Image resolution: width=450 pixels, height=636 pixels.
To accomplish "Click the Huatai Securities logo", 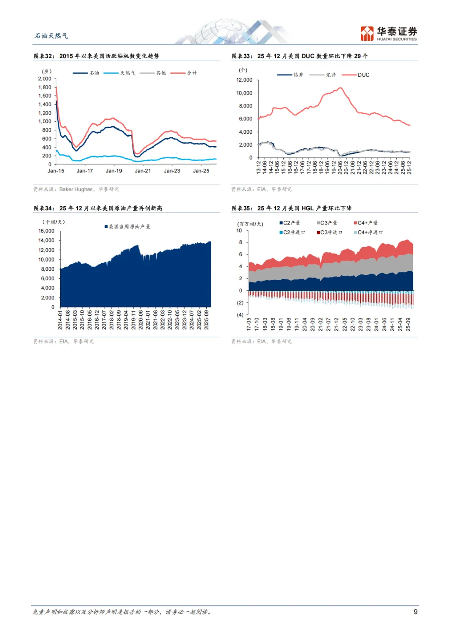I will click(x=388, y=33).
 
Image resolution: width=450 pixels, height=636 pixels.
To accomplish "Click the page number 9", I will click(x=415, y=611).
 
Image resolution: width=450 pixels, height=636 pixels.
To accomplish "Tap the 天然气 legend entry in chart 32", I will click(x=120, y=73).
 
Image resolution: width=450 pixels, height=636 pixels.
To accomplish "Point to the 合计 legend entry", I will click(x=184, y=73).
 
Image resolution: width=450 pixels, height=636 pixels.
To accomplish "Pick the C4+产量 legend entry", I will click(x=366, y=223).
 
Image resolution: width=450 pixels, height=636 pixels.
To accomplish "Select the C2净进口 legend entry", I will click(x=292, y=232).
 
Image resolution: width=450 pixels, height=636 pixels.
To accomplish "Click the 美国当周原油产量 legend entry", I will click(x=127, y=227).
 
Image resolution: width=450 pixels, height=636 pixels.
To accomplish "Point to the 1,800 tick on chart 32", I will click(x=45, y=87).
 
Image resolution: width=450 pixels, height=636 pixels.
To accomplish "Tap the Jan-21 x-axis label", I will click(x=142, y=171).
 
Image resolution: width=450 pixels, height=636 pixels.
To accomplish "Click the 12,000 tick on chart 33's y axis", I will click(x=244, y=80).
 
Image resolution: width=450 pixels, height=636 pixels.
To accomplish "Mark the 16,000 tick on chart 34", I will click(x=46, y=231).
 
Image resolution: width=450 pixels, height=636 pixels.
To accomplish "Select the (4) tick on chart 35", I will click(x=240, y=315).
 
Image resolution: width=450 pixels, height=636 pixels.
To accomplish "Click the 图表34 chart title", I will click(x=98, y=208).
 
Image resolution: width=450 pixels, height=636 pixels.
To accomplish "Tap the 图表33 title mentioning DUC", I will click(x=300, y=56).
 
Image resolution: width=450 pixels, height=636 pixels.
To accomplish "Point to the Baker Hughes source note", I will click(x=76, y=190).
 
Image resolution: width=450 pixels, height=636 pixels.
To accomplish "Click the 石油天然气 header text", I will click(x=51, y=36).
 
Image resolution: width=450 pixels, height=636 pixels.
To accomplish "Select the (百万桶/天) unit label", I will click(x=250, y=224).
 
